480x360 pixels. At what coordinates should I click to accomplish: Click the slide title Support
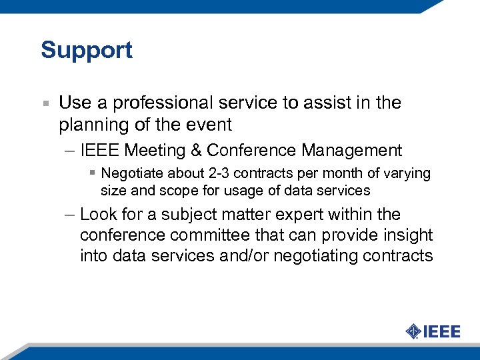(x=87, y=51)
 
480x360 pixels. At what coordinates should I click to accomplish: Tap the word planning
(x=88, y=125)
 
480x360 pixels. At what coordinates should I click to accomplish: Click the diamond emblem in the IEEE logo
(x=413, y=331)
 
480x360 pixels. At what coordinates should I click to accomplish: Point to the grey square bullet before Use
(x=45, y=104)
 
